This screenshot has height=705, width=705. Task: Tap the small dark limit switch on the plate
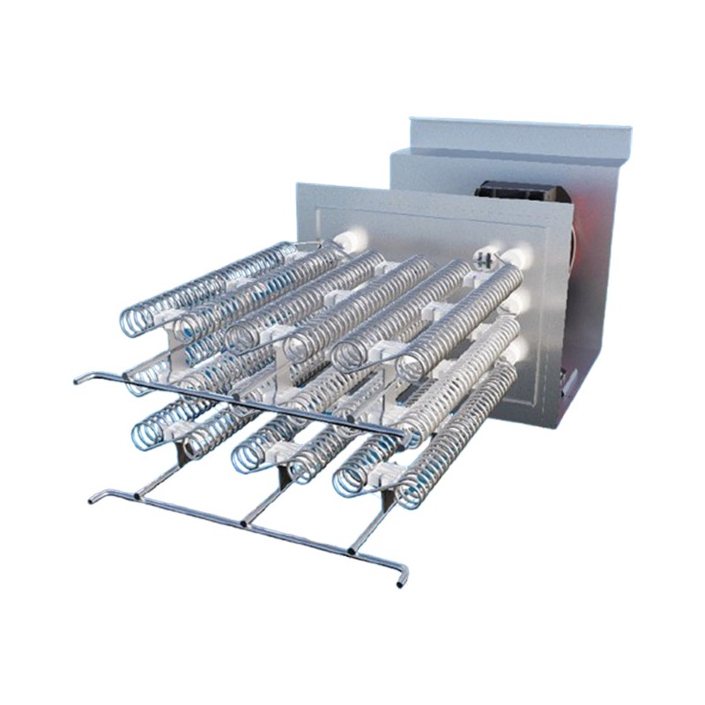(483, 259)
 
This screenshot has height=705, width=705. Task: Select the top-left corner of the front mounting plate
(298, 184)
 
